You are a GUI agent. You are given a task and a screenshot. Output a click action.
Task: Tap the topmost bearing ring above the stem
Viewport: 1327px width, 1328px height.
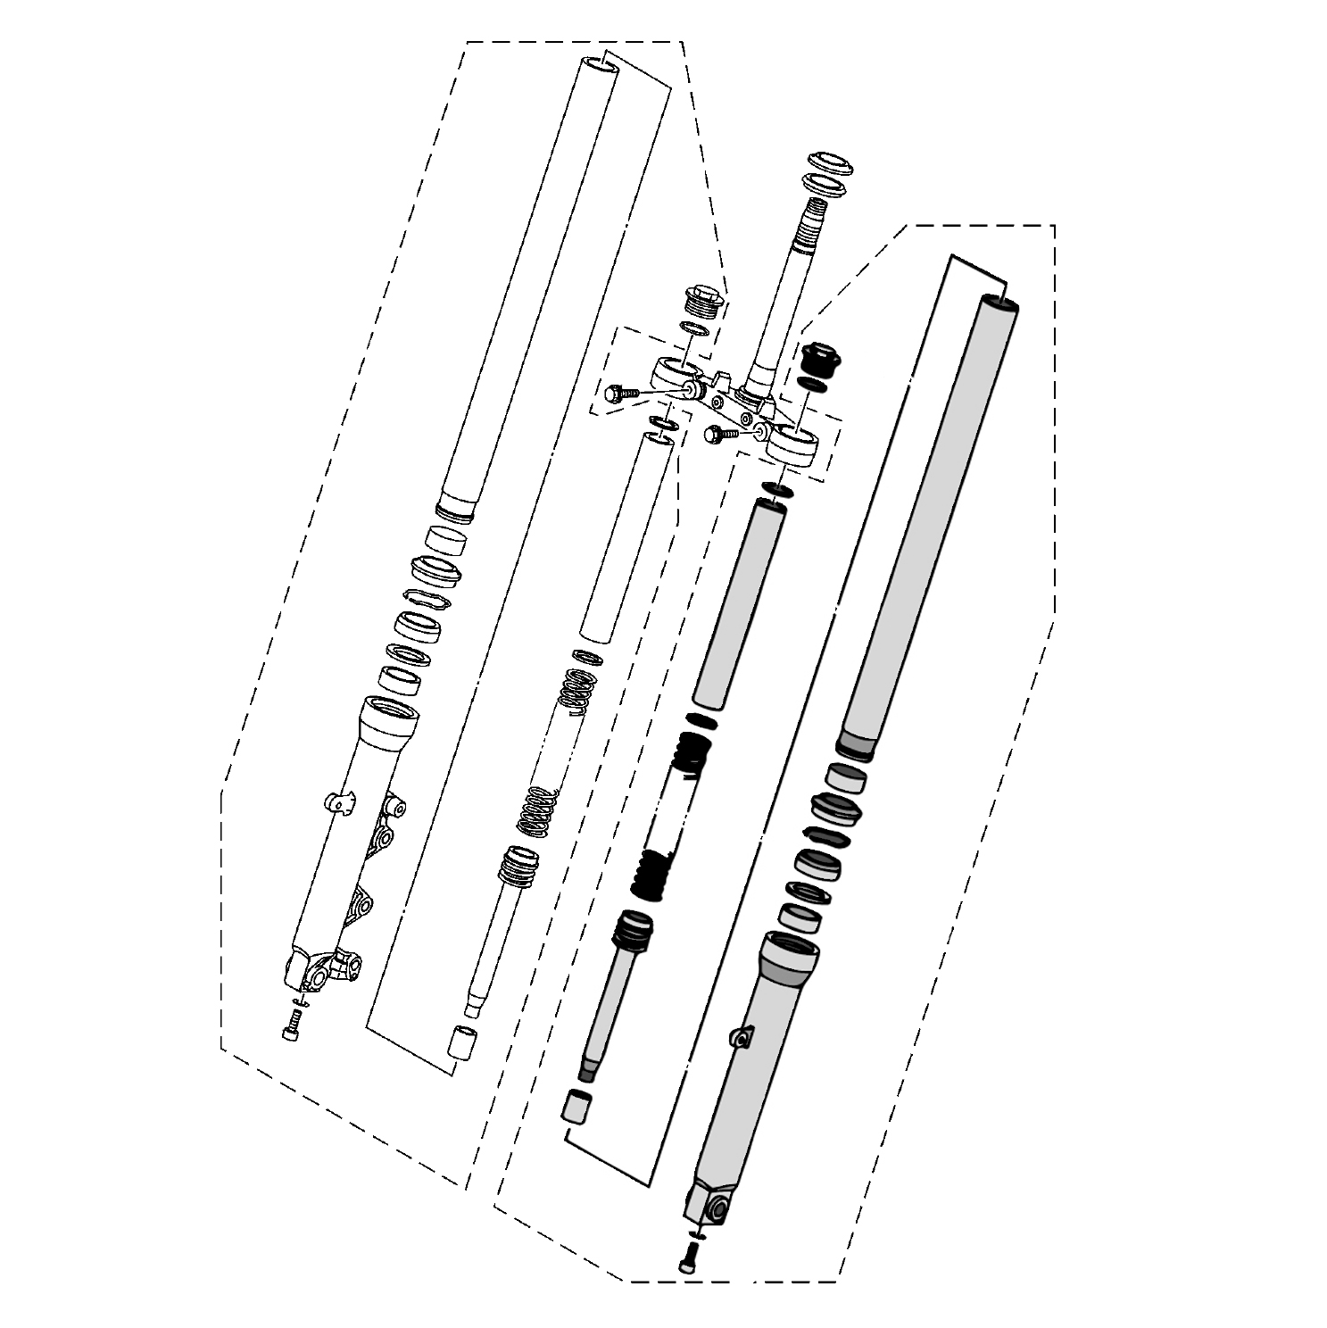tap(831, 164)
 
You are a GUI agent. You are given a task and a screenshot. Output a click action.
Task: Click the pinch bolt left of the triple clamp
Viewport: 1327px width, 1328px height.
tap(618, 393)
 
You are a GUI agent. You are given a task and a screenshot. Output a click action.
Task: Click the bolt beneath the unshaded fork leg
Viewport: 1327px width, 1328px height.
tap(292, 1029)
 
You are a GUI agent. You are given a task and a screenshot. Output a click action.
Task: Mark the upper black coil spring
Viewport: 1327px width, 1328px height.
tap(693, 751)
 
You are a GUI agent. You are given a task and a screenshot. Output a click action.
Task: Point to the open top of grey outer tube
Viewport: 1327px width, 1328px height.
tap(999, 303)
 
